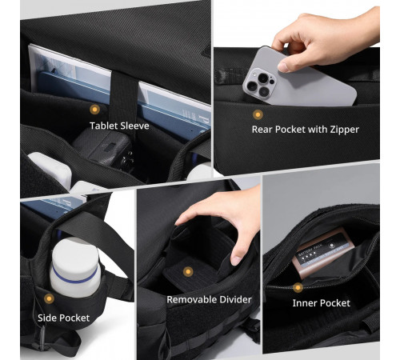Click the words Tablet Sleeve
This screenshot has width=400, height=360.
119,126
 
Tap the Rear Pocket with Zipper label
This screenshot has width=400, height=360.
306,130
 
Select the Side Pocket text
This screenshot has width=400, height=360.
63,318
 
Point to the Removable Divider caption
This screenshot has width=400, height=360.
209,299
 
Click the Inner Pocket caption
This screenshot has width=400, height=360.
321,303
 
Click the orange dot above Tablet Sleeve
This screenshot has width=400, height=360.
94,110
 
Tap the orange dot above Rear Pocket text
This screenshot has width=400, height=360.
258,114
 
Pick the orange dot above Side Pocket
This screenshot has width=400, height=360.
49,298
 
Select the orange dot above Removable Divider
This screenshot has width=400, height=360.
188,272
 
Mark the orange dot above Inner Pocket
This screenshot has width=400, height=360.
298,287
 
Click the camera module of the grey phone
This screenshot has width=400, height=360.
259,83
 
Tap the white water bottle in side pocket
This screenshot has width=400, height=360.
75,266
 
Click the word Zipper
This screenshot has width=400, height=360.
345,130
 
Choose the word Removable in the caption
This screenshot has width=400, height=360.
191,299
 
